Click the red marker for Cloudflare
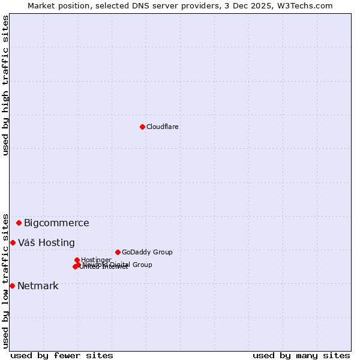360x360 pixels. tap(142, 127)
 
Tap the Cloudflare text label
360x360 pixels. tap(163, 127)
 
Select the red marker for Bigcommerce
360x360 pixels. tap(19, 223)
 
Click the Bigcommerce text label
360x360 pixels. tap(56, 223)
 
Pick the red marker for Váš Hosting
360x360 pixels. tap(13, 242)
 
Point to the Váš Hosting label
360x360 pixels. tap(46, 243)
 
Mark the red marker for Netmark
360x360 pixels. tap(12, 286)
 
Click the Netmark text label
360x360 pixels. tap(38, 286)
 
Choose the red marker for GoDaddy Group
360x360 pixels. tap(118, 252)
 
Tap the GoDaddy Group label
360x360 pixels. tap(147, 253)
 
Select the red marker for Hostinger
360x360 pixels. tap(77, 260)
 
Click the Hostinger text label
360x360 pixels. tap(96, 260)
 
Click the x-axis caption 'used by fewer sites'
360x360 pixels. tap(62, 355)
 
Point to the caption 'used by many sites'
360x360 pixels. tap(301, 355)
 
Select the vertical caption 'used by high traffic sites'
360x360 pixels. tap(6, 85)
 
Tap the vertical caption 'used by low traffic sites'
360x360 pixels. tap(6, 280)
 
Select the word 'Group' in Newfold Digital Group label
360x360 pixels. tap(142, 265)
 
